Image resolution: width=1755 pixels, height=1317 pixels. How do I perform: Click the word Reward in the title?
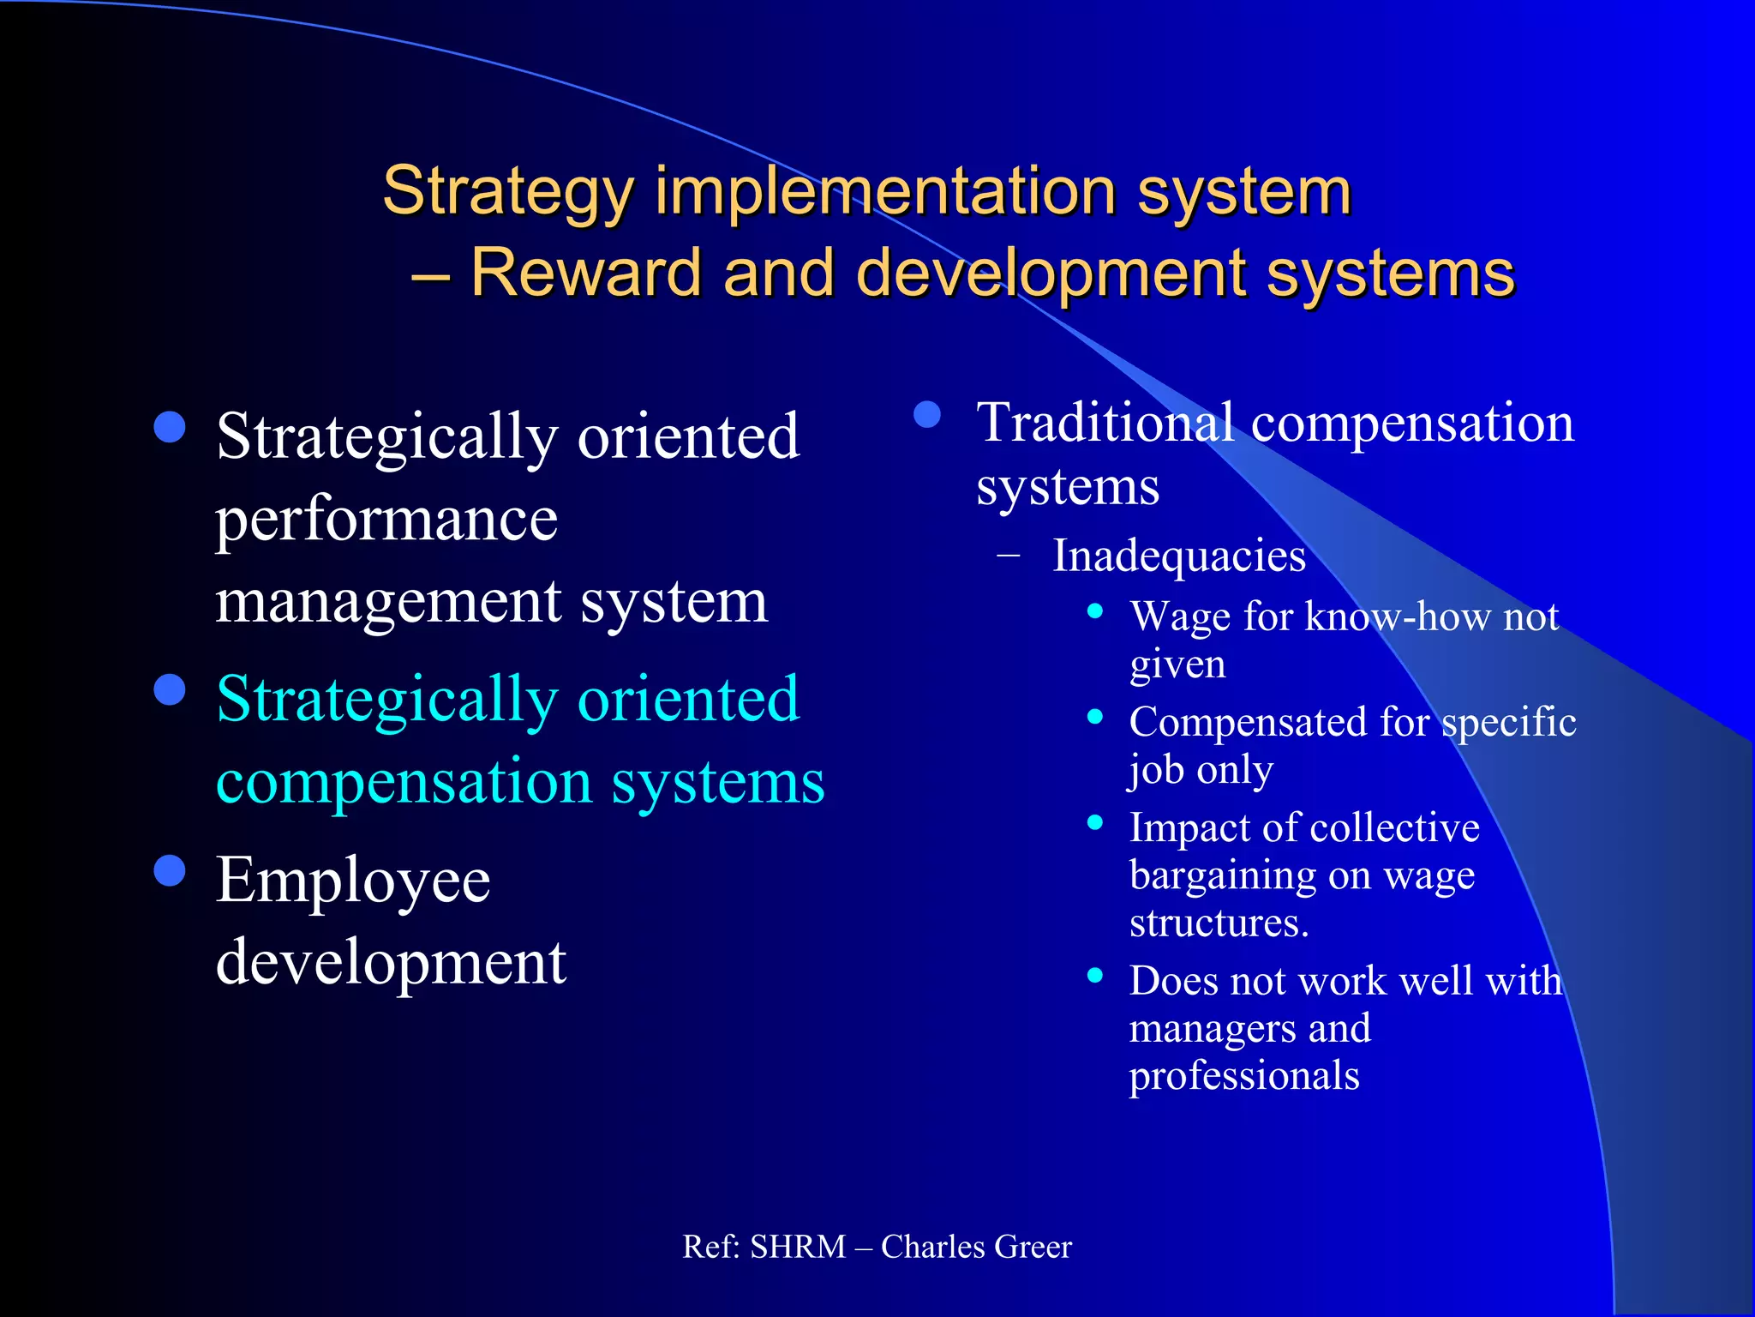click(x=586, y=273)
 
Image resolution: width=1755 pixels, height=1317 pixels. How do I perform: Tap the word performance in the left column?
click(x=386, y=520)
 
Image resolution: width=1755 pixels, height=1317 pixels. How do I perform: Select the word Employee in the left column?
click(x=353, y=881)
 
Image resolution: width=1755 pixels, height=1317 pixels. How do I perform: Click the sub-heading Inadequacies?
click(x=1179, y=556)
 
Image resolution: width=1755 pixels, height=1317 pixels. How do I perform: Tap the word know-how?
click(x=1396, y=616)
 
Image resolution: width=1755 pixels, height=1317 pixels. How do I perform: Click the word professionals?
click(x=1244, y=1075)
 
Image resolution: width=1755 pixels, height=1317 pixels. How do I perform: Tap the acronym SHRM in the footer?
click(x=798, y=1247)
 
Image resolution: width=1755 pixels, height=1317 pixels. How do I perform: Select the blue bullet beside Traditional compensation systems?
click(x=927, y=415)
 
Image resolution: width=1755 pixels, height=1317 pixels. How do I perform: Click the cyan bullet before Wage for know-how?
click(x=1094, y=611)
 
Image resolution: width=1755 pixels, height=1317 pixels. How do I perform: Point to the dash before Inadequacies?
click(x=1009, y=556)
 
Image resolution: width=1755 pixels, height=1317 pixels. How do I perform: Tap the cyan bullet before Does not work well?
click(x=1094, y=975)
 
